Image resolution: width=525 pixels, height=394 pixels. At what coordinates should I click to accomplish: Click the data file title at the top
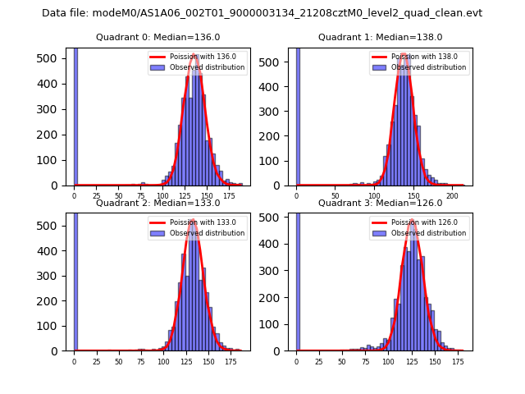click(x=262, y=13)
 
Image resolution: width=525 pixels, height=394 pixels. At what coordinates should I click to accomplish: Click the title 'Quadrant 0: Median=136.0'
click(x=157, y=37)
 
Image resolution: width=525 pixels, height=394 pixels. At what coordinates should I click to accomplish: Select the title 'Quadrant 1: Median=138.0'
click(x=380, y=37)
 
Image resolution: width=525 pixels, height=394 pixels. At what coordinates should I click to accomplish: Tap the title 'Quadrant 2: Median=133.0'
click(x=157, y=203)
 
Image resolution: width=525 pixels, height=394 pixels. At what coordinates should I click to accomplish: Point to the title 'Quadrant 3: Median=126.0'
click(x=380, y=203)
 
